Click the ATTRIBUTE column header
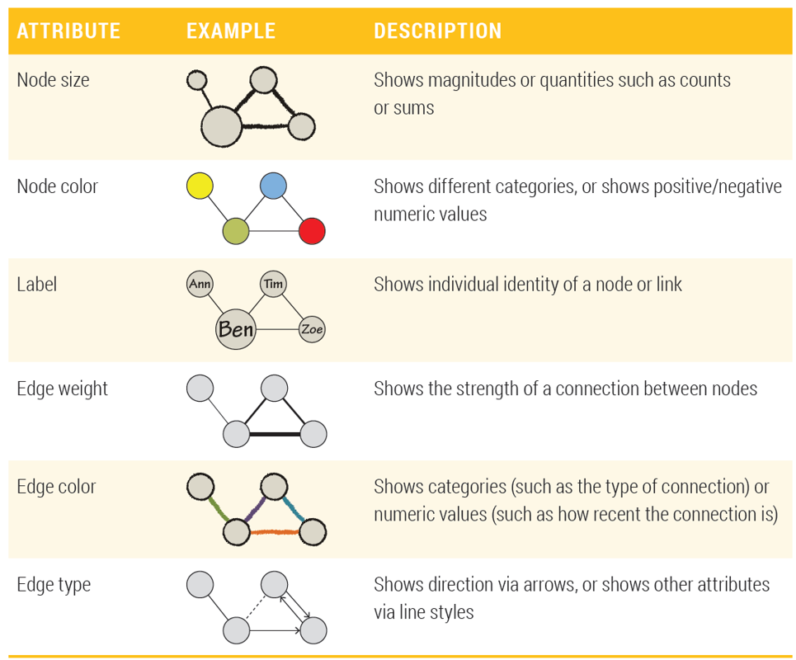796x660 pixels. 68,31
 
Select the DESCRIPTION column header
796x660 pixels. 437,31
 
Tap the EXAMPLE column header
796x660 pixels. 231,31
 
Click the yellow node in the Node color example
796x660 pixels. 199,186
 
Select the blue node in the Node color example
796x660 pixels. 273,186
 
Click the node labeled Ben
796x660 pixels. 236,329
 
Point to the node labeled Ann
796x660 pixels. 200,285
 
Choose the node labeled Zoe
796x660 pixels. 312,329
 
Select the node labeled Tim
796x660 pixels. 273,285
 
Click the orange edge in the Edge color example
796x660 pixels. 274,532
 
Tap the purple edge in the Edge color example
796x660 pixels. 256,511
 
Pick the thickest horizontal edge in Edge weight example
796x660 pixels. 274,434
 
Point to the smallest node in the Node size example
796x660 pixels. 196,80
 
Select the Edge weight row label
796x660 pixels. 63,389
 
